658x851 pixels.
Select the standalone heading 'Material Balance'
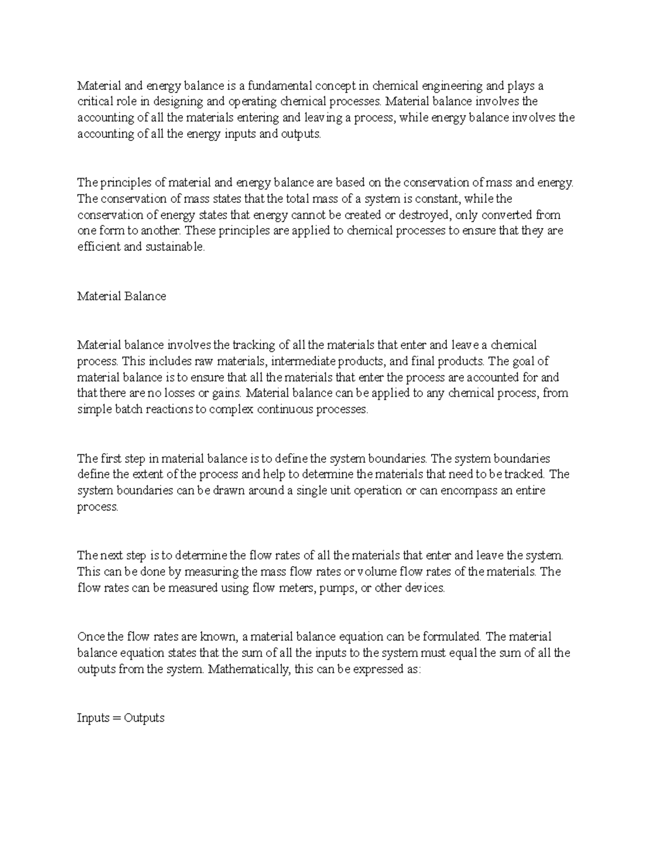[121, 296]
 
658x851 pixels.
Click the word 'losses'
[180, 393]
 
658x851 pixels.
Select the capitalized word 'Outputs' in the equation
[144, 718]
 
